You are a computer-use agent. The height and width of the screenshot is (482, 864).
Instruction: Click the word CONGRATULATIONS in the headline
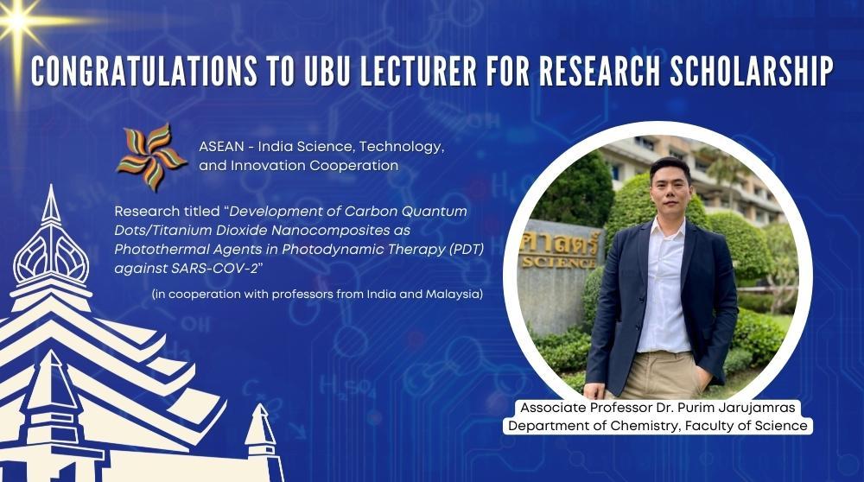[x=143, y=71]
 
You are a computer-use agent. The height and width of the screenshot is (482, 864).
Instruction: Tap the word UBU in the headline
[x=327, y=71]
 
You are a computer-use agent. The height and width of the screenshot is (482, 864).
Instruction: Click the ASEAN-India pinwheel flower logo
[x=151, y=157]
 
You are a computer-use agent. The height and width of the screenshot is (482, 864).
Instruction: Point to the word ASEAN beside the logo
[x=221, y=147]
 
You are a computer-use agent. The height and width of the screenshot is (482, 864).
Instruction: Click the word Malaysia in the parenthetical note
[x=454, y=295]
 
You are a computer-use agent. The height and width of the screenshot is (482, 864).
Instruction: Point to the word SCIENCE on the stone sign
[x=557, y=263]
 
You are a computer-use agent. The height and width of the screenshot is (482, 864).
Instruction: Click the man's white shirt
[x=664, y=287]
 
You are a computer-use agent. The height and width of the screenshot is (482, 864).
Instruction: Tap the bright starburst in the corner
[x=17, y=21]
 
